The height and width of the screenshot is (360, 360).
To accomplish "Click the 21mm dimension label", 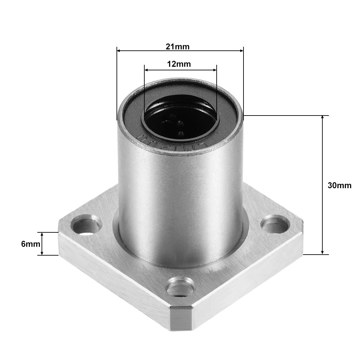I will coord(177,46).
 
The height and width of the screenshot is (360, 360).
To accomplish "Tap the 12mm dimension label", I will coord(179,64).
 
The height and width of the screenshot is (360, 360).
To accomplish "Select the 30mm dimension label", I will coord(339,185).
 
